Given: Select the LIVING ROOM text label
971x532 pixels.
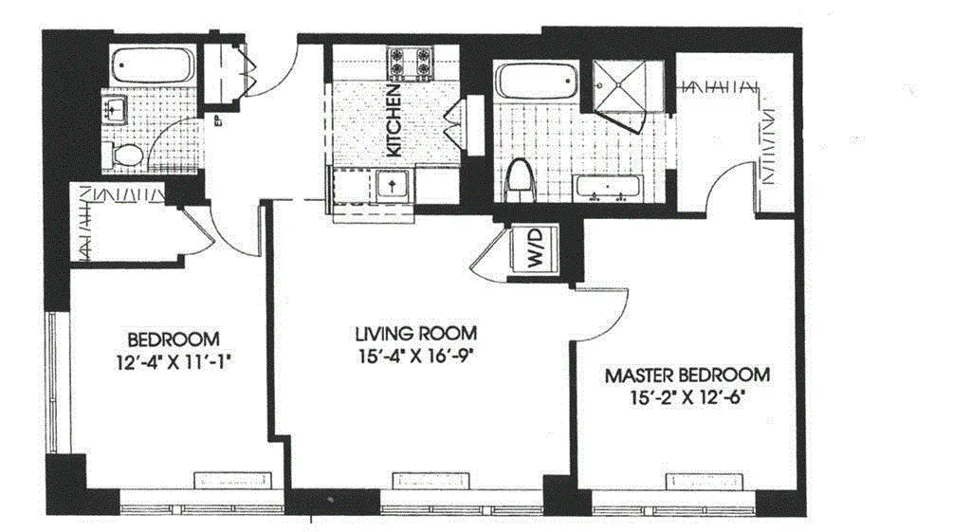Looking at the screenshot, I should click(415, 334).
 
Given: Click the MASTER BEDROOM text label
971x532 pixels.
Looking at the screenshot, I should click(687, 375).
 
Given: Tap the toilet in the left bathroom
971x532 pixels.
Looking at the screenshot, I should click(126, 155).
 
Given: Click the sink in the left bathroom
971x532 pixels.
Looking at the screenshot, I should click(117, 110).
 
